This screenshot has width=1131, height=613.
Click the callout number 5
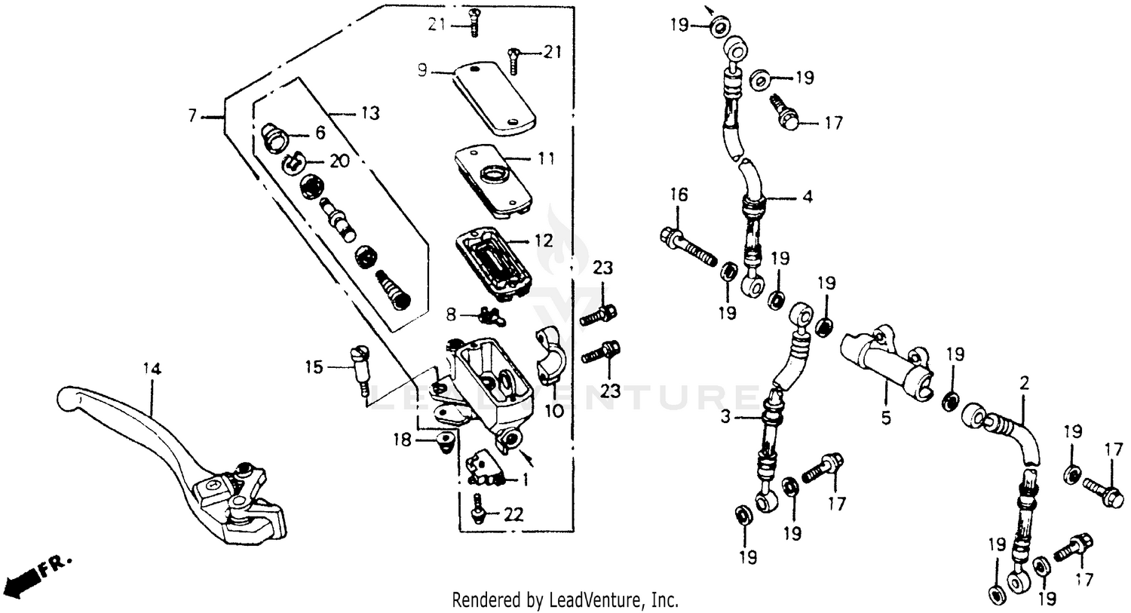tap(886, 417)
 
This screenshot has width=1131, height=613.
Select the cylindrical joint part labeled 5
tap(886, 360)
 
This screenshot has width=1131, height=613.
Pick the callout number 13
tap(370, 113)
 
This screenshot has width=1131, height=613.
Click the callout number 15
tap(314, 367)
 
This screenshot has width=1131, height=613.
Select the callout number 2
tap(1024, 383)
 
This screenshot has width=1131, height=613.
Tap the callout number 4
tap(808, 198)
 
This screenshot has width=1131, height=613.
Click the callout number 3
tap(725, 417)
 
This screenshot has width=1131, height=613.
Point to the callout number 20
tap(339, 161)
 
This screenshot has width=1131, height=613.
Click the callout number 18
tap(403, 439)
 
